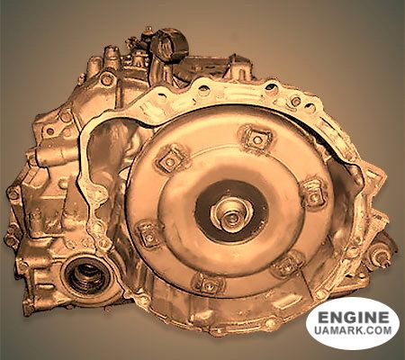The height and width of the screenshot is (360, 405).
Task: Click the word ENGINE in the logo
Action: [x=353, y=318]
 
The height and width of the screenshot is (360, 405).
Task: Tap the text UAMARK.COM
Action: [x=353, y=330]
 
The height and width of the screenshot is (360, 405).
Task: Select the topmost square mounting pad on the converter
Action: [x=256, y=139]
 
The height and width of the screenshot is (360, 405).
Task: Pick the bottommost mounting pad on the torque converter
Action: [x=208, y=283]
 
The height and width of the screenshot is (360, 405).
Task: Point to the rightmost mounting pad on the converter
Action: [x=314, y=194]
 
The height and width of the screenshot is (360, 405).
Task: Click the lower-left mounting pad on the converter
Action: [x=149, y=234]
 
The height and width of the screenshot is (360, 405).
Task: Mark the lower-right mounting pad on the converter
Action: [x=288, y=265]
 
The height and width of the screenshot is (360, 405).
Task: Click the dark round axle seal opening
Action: [x=87, y=276]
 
